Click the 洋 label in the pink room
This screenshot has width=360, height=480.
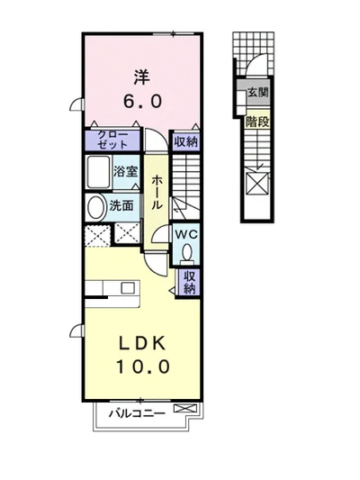[x=141, y=77]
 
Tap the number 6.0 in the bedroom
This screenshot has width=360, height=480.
[x=142, y=101]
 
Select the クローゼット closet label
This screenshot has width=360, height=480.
[x=112, y=140]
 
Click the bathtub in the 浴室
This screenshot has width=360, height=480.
[x=98, y=172]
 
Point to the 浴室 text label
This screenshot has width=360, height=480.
[x=125, y=171]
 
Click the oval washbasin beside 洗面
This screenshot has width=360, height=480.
[x=95, y=207]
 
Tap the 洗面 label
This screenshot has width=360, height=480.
[x=121, y=205]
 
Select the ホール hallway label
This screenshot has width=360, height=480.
[x=156, y=192]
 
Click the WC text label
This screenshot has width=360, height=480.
[x=186, y=235]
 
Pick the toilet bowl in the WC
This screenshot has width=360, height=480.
[x=187, y=253]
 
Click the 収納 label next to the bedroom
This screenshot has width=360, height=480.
[x=186, y=141]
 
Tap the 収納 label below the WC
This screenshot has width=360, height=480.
[x=189, y=282]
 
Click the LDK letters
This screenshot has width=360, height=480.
[x=142, y=344]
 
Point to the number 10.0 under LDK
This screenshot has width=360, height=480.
[x=142, y=367]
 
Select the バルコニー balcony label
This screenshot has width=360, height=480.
[x=138, y=413]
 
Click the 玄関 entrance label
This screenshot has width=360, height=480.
[x=258, y=92]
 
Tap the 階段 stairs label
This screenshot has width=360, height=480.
[x=257, y=122]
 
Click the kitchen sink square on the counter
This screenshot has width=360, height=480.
[x=128, y=288]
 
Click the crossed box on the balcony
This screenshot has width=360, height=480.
[x=185, y=408]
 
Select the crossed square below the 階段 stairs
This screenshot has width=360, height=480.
[x=257, y=184]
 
